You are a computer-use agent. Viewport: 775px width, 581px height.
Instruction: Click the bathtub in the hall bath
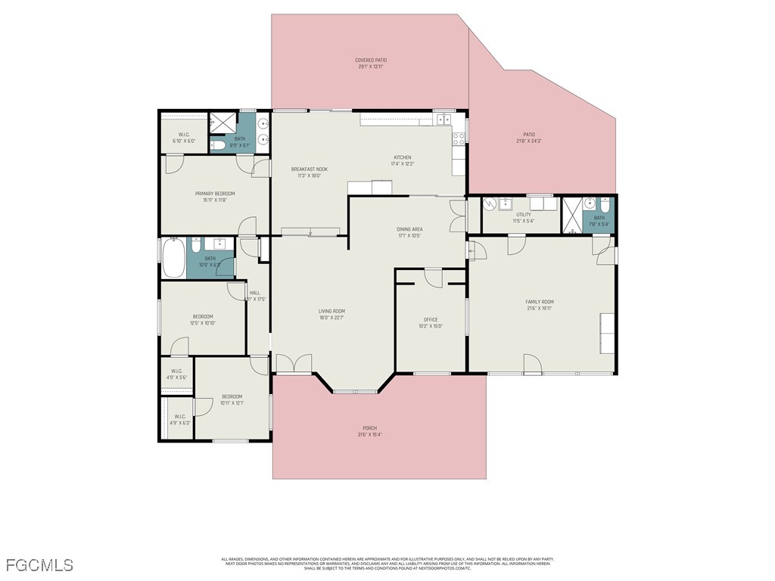tap(173, 258)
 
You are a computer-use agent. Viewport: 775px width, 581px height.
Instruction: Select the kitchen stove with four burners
tap(458, 138)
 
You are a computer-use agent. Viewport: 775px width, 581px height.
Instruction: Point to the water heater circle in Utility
tap(490, 204)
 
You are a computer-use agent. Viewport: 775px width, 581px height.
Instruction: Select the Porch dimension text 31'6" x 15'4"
tap(369, 434)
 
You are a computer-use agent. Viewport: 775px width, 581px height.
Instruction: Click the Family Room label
tap(540, 302)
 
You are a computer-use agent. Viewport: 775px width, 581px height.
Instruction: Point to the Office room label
tap(430, 320)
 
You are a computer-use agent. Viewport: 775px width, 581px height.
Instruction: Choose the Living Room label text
tap(331, 311)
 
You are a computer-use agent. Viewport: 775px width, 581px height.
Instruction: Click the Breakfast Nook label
tap(309, 169)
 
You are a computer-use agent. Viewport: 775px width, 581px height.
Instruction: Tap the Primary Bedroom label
tap(215, 194)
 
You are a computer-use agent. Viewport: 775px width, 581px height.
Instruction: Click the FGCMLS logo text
tap(39, 565)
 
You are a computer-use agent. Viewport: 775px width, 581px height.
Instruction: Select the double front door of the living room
tap(294, 364)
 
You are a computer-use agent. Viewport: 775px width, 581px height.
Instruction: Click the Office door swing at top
tap(433, 278)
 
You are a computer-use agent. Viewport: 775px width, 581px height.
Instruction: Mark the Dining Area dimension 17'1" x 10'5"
tap(409, 235)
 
